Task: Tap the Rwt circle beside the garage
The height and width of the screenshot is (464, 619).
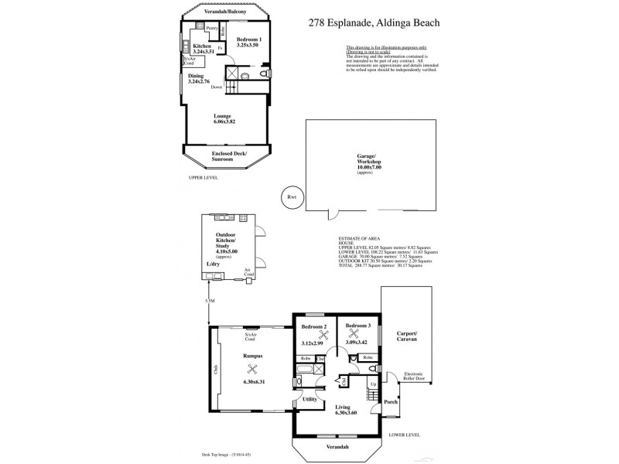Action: coord(292,196)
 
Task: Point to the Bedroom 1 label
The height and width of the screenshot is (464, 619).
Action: coord(249,39)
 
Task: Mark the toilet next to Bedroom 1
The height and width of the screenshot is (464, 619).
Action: coord(245,76)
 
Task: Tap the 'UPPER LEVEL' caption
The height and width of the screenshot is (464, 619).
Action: coord(203,177)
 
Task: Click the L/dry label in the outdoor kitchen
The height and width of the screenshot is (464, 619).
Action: coord(213,264)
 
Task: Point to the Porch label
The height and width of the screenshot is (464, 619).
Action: coord(391,403)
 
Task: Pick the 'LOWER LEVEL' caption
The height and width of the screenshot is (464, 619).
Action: coord(404,435)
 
